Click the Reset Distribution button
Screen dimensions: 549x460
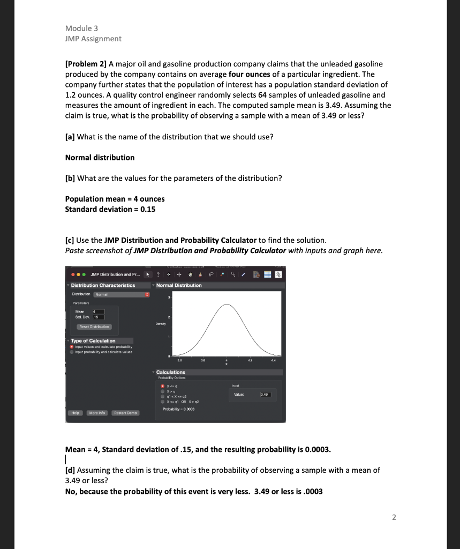[x=94, y=327]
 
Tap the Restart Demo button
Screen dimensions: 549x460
[x=125, y=413]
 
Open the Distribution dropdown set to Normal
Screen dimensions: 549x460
[x=122, y=294]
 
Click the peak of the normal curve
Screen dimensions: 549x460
[x=227, y=305]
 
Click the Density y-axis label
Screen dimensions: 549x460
[x=161, y=324]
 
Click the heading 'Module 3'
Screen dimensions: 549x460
[x=81, y=28]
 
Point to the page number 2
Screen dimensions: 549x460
[x=394, y=517]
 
